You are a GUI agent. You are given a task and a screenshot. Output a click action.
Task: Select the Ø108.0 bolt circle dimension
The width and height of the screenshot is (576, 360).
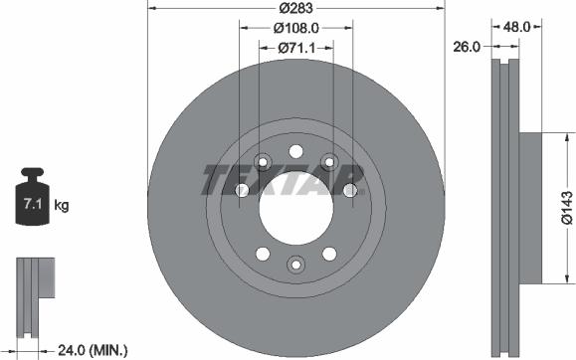(x=295, y=27)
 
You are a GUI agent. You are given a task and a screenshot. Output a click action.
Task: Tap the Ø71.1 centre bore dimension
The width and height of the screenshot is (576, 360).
(x=295, y=47)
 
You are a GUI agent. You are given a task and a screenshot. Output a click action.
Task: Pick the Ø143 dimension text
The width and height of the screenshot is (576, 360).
(x=565, y=209)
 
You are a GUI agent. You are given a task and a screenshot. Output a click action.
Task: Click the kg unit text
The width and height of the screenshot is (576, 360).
(x=62, y=206)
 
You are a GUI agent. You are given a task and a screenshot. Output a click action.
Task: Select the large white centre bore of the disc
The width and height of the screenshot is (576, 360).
(x=295, y=206)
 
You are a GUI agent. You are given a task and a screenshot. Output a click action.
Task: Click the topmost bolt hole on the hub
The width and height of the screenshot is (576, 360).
(x=295, y=150)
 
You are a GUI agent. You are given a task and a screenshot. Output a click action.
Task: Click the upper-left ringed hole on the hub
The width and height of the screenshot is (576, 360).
(x=263, y=161)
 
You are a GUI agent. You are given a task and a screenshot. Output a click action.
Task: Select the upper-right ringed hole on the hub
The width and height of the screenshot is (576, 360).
(x=329, y=161)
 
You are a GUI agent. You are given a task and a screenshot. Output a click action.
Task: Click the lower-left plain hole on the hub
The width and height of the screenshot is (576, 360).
(x=262, y=252)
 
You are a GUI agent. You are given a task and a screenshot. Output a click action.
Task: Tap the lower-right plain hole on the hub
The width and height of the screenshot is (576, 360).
(x=329, y=252)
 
